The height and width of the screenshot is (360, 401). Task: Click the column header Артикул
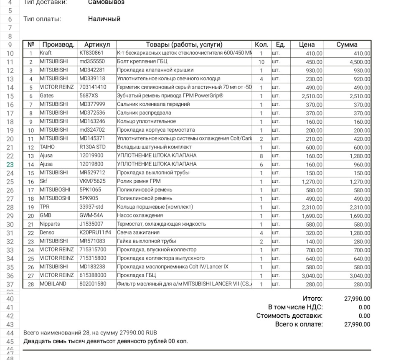click(97, 45)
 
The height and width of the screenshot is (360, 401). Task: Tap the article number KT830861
click(91, 53)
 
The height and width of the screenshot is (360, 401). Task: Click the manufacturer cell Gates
click(47, 96)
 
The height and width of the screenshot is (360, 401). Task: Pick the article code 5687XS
click(89, 96)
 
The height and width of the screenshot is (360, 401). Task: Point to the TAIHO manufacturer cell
click(47, 147)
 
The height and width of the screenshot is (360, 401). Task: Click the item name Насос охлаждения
click(140, 215)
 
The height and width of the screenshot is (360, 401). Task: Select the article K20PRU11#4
click(96, 232)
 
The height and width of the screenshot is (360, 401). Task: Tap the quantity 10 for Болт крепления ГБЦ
click(261, 62)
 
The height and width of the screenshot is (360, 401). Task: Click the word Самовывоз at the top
click(106, 3)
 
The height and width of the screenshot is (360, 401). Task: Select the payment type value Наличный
click(104, 19)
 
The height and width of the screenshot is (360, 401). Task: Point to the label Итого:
click(312, 299)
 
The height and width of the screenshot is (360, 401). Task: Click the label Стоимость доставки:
click(289, 316)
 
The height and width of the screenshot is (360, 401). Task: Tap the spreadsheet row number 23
click(10, 164)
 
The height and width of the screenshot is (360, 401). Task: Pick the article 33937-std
click(92, 207)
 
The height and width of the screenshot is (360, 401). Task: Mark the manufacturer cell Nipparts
click(49, 224)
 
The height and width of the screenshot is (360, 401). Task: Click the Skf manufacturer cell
click(43, 181)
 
